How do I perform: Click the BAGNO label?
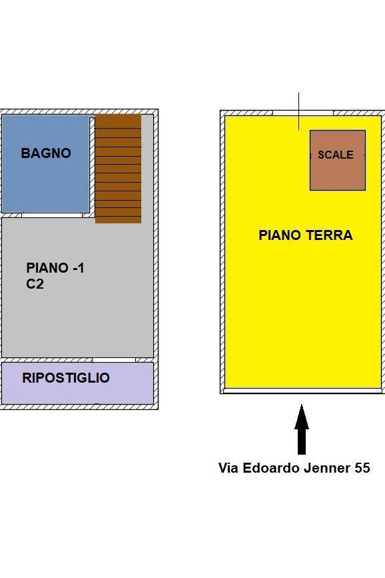(x=46, y=153)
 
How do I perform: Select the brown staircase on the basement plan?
(x=119, y=169)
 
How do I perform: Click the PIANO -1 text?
(x=55, y=267)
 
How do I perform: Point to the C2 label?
(x=35, y=284)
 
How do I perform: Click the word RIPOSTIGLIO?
(x=66, y=378)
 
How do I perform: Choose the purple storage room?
(x=78, y=383)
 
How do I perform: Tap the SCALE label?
(x=336, y=155)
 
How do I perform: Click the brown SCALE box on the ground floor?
(x=338, y=161)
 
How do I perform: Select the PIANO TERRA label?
(x=306, y=235)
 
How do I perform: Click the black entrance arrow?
(x=302, y=429)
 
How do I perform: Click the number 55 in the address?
(x=362, y=468)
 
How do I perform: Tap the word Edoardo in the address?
(x=271, y=468)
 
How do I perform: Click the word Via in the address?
(x=228, y=468)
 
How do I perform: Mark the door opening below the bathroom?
(x=52, y=215)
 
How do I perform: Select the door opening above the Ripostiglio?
(x=114, y=360)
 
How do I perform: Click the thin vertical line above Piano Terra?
(x=299, y=111)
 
